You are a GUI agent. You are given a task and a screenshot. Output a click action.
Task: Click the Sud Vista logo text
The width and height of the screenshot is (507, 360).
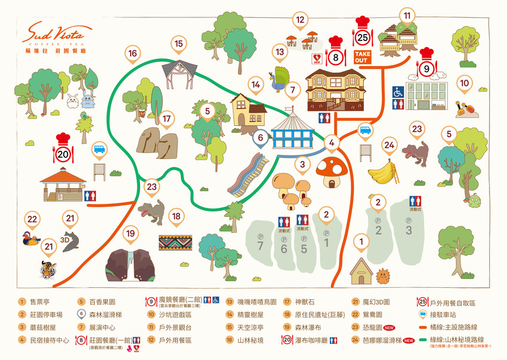point(57,34)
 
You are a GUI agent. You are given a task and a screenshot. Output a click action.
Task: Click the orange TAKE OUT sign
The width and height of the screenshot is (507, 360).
point(362,57)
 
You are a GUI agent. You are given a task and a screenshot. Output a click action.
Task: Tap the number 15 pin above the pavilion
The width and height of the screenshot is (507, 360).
point(178,44)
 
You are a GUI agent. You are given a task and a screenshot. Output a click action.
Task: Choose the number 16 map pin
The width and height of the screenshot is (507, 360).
point(132,54)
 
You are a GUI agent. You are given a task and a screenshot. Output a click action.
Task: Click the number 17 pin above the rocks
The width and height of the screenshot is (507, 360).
point(166,119)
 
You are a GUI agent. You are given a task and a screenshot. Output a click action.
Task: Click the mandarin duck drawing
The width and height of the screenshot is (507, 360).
point(32,239)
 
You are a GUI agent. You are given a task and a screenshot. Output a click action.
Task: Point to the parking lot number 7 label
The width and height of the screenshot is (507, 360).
point(260,246)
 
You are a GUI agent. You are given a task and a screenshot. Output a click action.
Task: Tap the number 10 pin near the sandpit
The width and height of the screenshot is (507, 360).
point(465,85)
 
